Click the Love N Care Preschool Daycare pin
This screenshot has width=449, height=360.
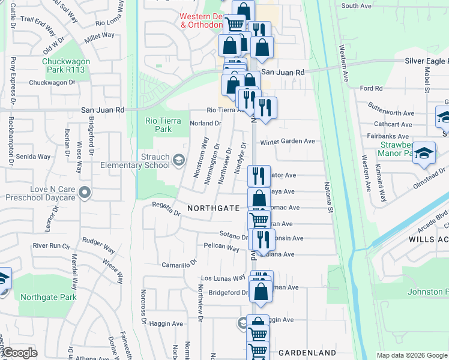pos(85,193)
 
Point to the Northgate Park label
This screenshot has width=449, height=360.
pos(48,297)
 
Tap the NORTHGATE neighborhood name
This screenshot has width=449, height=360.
pos(213,208)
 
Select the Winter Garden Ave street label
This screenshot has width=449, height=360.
pos(288,142)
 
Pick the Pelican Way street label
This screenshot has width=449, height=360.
pos(221,247)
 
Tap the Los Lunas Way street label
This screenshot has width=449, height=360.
pos(223,278)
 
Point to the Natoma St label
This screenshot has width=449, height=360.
pos(328,198)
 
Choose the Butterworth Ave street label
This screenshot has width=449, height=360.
pos(391,113)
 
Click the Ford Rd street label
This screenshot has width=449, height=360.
pos(371,88)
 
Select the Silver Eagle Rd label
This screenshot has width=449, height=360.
pos(425,61)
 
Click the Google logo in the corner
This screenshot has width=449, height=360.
pos(19,353)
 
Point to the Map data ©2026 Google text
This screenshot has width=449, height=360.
pos(412,355)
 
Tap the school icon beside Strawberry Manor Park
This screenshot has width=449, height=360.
pos(424,154)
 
